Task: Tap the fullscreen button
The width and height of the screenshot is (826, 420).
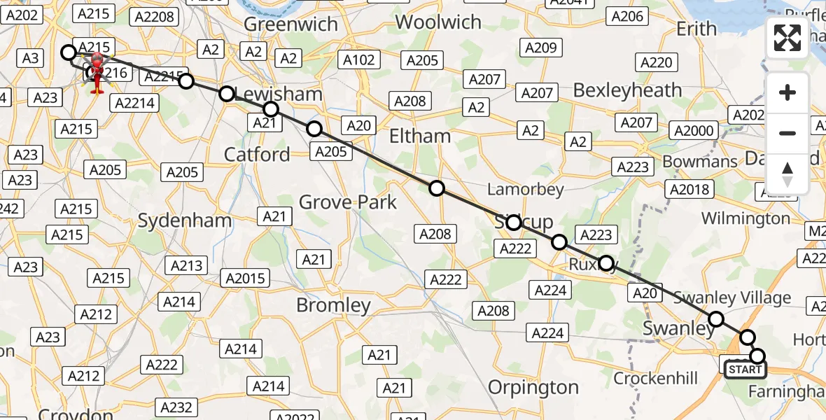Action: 787,38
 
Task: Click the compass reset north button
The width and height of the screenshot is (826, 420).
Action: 787,174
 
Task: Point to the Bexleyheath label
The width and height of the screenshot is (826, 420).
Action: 627,90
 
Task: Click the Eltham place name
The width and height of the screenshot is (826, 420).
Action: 420,135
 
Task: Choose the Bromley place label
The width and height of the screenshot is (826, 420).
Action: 333,305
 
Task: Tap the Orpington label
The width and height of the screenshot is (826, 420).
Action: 533,387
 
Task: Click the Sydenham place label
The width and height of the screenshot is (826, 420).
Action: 185,220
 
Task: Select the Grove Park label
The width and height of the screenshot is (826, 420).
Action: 348,203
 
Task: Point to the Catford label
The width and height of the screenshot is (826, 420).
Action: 257,154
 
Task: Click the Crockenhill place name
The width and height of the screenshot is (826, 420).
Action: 655,379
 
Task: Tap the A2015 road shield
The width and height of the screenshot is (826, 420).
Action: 246,278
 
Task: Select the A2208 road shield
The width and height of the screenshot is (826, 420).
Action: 154,16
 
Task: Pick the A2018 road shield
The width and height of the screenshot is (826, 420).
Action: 689,189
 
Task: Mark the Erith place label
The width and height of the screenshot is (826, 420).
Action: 696,29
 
